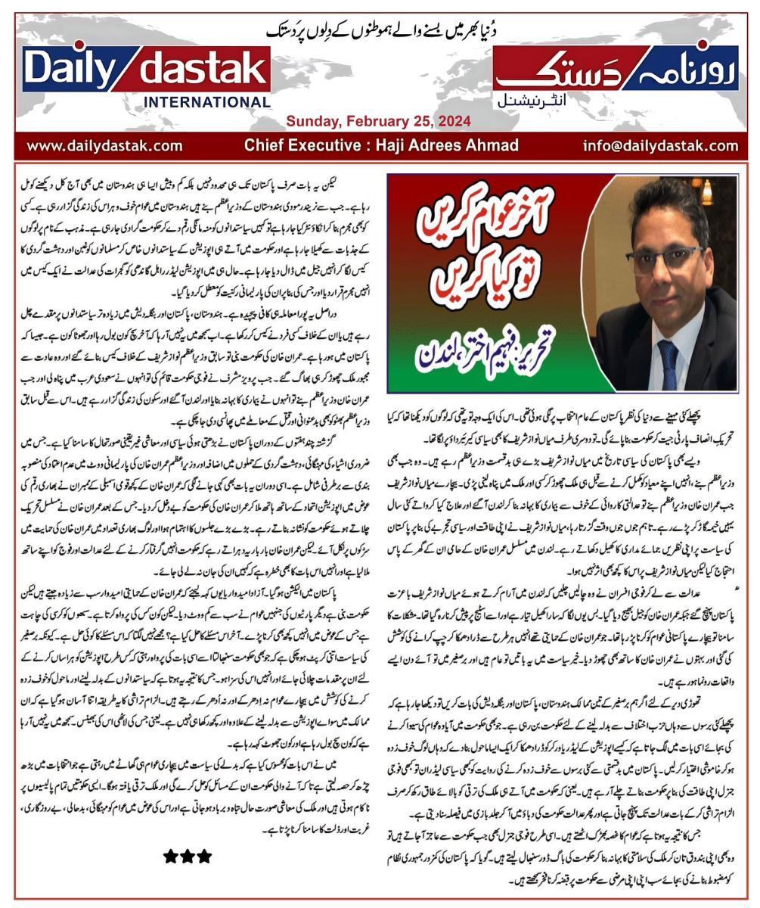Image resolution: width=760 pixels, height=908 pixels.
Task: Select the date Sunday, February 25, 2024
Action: tap(378, 121)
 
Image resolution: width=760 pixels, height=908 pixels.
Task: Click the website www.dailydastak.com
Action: tap(104, 145)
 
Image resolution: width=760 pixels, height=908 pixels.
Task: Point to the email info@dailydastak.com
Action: tap(661, 145)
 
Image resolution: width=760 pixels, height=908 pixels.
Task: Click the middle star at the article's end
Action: tap(188, 856)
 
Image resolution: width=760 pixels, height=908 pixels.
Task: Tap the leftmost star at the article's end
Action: tap(171, 856)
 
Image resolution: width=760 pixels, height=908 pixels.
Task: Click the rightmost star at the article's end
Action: tap(204, 856)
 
